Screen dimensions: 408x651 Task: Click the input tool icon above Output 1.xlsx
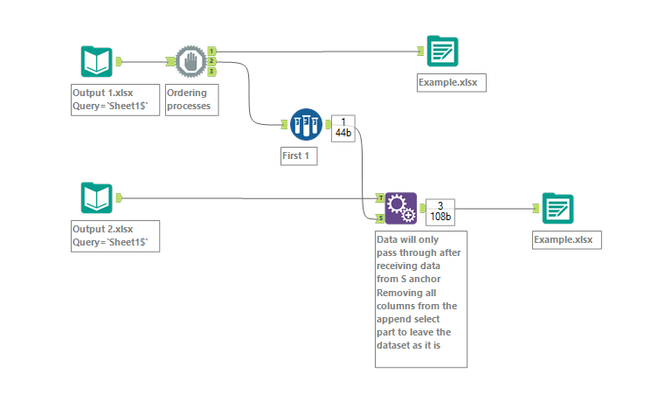97,62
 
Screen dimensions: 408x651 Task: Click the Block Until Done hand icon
190,62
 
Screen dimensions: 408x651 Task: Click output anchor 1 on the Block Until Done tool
212,52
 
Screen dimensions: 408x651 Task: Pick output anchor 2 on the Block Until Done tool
212,62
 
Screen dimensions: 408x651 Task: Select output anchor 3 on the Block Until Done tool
212,72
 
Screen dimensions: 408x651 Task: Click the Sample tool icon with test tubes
307,125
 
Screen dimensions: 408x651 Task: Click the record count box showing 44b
343,128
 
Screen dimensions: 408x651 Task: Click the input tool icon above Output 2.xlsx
97,198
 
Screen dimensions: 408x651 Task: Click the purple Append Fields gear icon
401,209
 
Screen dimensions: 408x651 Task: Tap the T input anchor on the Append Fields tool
381,198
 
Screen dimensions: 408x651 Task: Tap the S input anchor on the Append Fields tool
381,218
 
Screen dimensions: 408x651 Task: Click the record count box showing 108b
440,211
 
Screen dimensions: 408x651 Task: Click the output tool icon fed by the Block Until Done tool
442,52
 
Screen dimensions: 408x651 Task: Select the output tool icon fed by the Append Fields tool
558,209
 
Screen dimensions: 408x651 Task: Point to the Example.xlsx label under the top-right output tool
452,82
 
